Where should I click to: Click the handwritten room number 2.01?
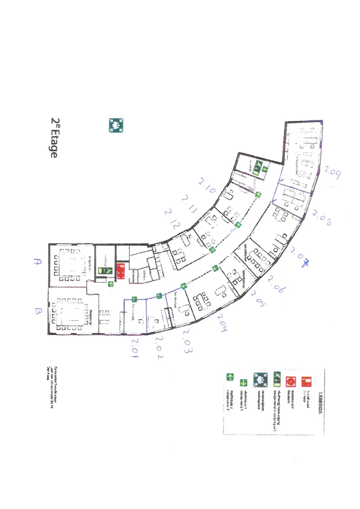click(x=134, y=348)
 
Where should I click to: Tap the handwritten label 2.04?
click(x=222, y=322)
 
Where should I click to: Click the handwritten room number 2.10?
click(x=207, y=186)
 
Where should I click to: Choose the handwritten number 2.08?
click(x=322, y=218)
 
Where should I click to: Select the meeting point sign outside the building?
click(x=116, y=125)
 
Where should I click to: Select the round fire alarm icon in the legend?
click(x=291, y=381)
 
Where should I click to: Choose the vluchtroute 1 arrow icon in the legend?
click(x=243, y=383)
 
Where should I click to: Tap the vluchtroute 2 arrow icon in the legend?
click(x=230, y=377)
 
